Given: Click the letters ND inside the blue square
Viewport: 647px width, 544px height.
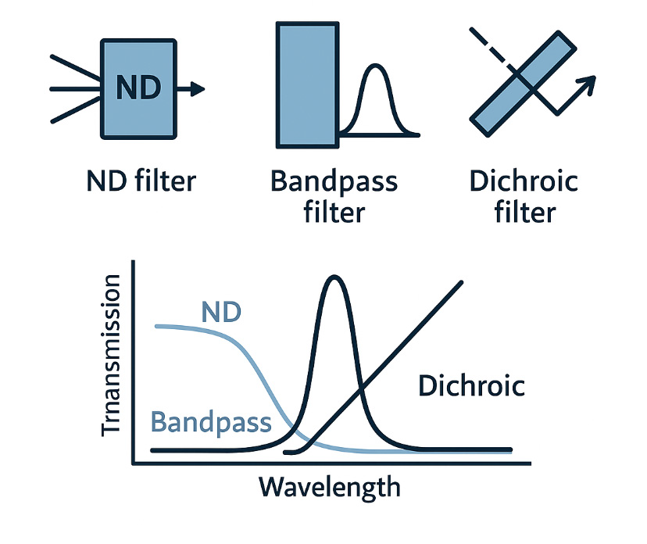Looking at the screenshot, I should [138, 87].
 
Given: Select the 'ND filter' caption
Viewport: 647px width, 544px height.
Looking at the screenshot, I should [141, 181].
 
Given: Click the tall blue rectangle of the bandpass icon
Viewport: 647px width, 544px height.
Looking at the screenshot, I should [307, 85].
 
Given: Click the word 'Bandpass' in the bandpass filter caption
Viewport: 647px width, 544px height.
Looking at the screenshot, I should [334, 182].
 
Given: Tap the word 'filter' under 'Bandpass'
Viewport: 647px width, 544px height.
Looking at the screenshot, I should [334, 212].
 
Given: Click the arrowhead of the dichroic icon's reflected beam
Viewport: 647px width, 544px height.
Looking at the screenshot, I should [588, 81].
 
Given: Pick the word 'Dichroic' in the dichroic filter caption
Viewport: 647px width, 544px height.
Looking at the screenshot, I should [523, 181].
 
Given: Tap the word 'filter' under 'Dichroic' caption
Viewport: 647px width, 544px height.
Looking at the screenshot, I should [523, 212].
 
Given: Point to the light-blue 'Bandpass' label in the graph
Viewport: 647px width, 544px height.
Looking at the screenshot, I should [211, 423].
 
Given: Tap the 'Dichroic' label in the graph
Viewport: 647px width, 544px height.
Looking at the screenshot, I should [471, 386].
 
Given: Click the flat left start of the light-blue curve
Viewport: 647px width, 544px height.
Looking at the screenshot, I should [160, 325].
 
